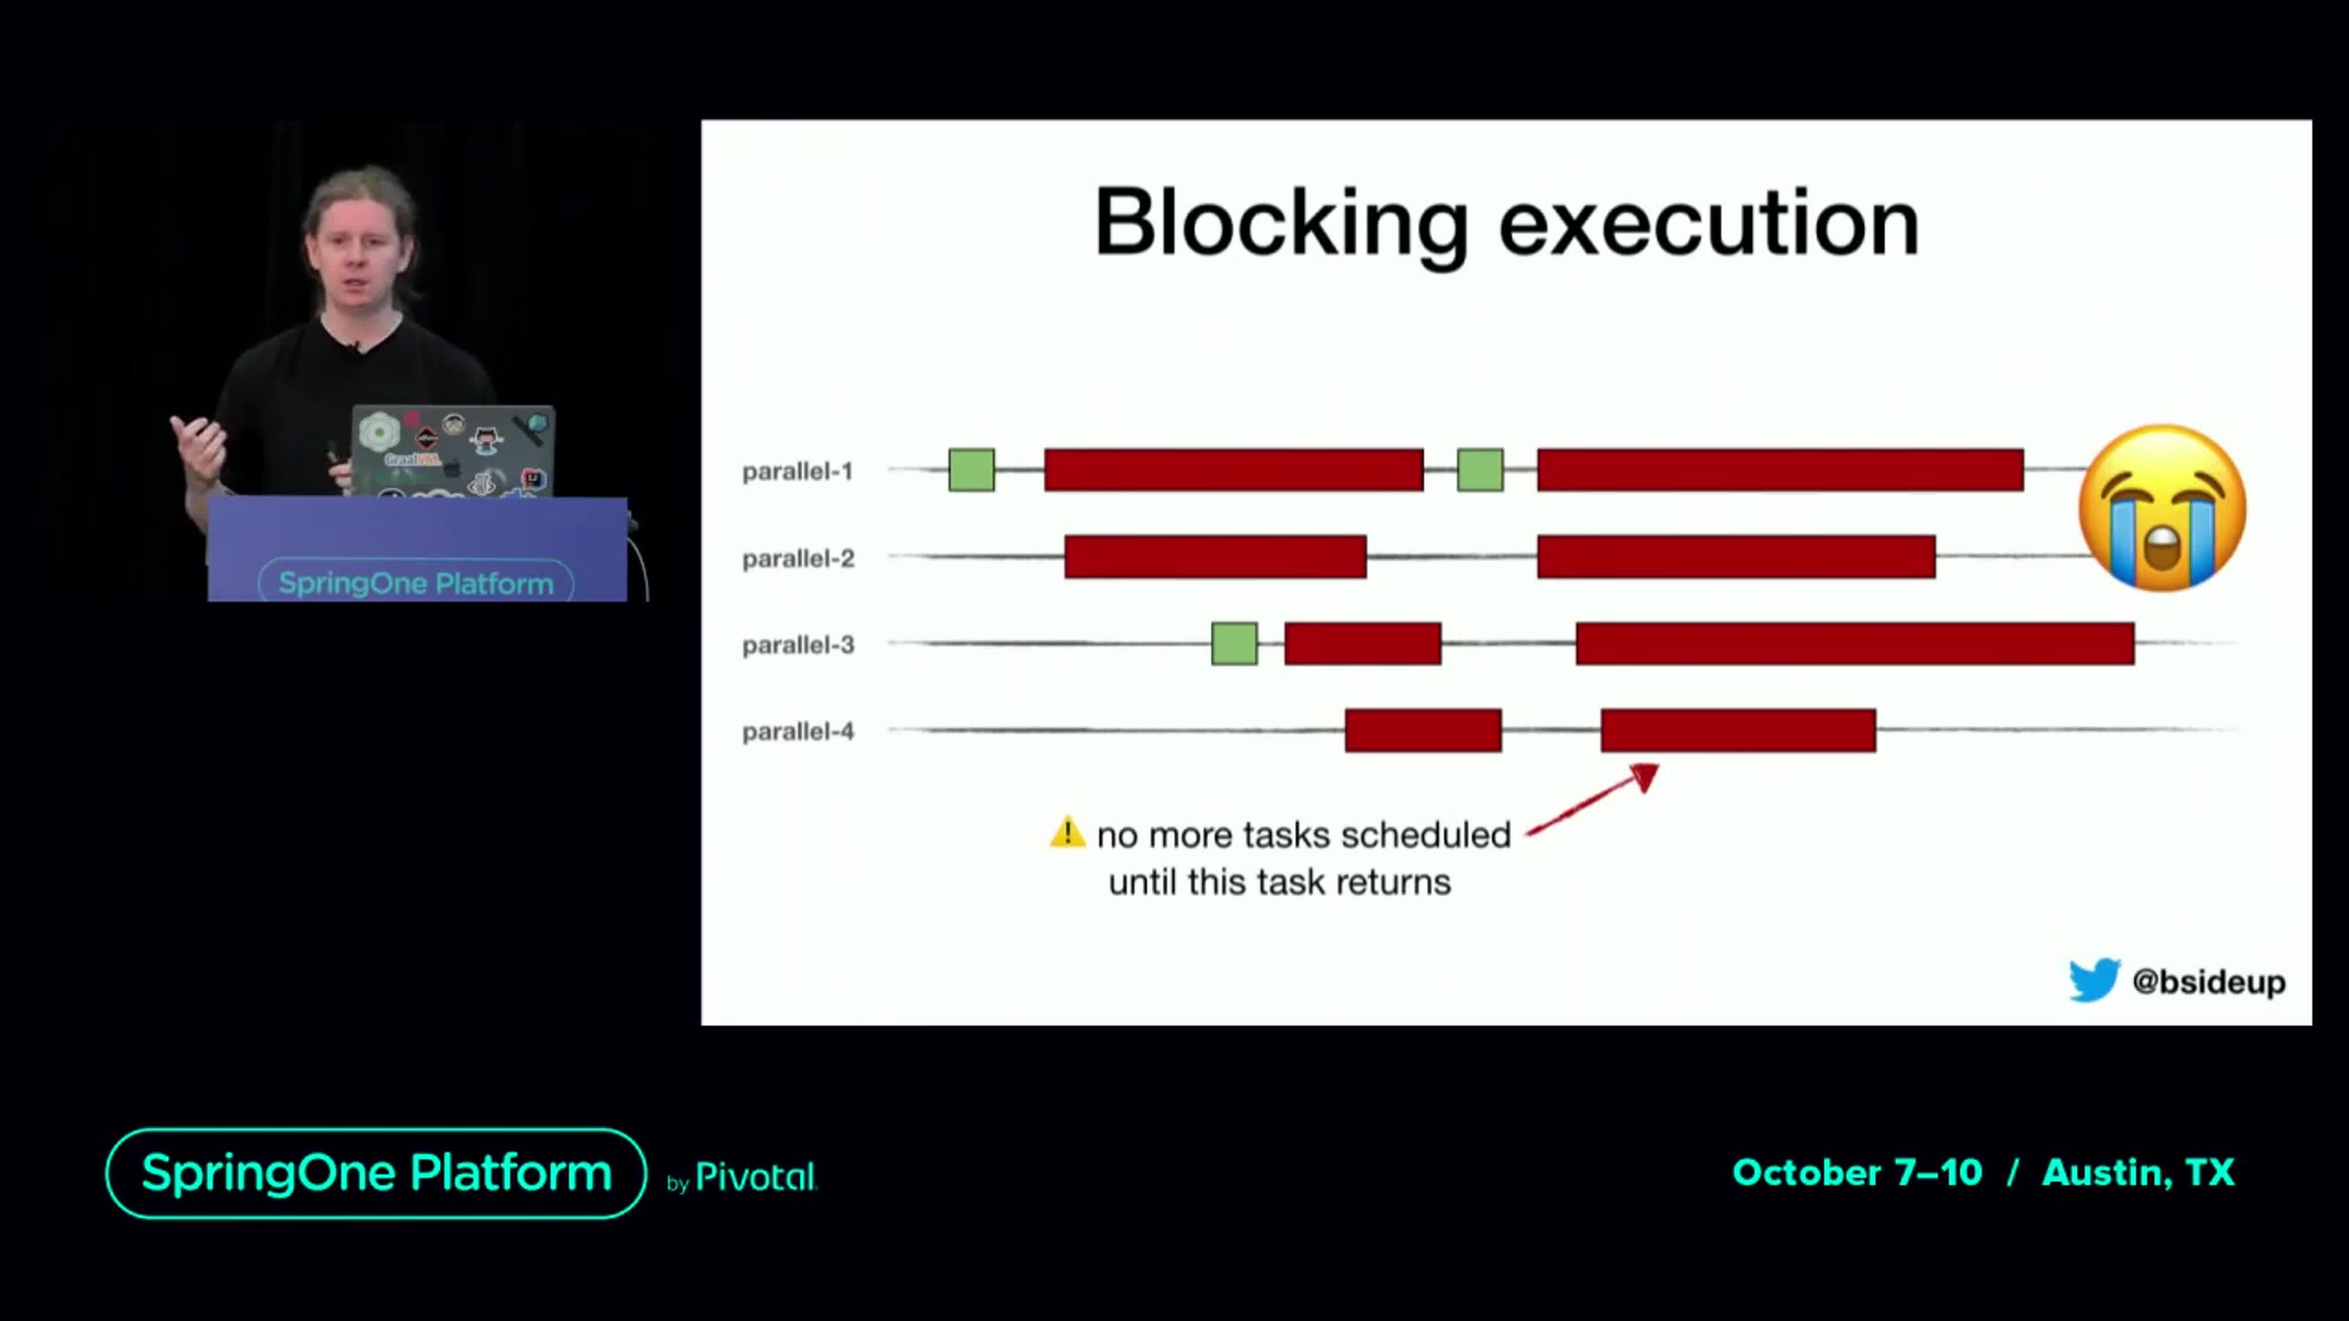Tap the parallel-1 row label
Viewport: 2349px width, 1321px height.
click(798, 471)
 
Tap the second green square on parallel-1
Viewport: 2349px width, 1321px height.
click(1480, 470)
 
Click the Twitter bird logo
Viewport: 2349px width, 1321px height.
click(2094, 980)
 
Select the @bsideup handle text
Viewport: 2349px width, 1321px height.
click(2208, 982)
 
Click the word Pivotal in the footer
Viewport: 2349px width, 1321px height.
click(756, 1177)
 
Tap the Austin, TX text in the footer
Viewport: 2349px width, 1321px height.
click(2139, 1173)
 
